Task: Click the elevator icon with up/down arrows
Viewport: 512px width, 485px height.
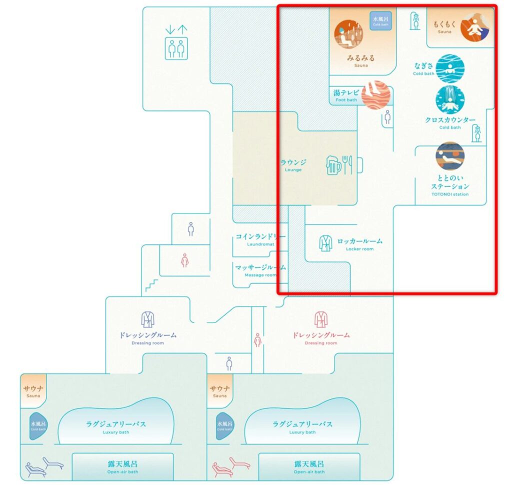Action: (x=176, y=43)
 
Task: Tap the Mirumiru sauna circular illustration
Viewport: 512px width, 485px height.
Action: (x=348, y=34)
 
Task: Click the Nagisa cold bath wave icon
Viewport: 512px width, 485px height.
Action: (x=450, y=68)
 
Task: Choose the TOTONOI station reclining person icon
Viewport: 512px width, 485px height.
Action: (x=449, y=156)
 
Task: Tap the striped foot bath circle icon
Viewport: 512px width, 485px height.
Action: (x=375, y=95)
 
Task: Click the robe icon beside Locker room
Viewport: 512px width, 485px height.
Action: (x=325, y=243)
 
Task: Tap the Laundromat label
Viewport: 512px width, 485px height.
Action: (x=260, y=239)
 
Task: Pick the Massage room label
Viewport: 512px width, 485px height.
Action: (x=260, y=270)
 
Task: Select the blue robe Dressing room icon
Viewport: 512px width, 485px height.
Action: (x=147, y=319)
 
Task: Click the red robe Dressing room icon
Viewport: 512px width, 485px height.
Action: (x=321, y=319)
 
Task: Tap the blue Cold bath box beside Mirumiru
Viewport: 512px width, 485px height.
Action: (x=381, y=20)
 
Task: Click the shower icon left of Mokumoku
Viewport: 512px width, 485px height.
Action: (x=414, y=21)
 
